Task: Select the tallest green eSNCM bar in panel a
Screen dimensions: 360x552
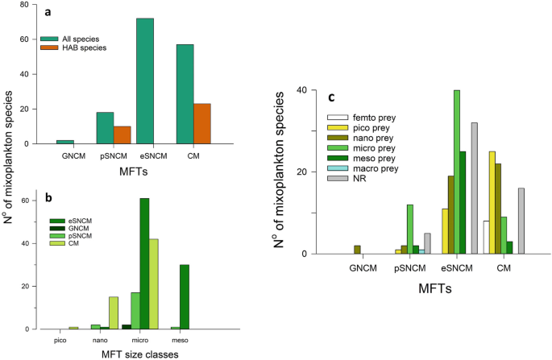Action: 144,81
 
